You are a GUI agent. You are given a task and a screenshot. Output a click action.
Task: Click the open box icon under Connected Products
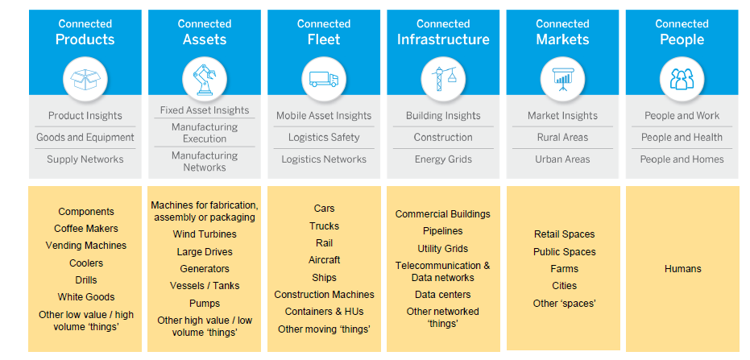(x=85, y=79)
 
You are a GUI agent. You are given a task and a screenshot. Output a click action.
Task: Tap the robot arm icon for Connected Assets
(x=205, y=78)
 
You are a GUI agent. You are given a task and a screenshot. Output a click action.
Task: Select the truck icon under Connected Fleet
(x=324, y=79)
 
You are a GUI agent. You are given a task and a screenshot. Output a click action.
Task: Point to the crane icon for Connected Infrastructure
(x=443, y=78)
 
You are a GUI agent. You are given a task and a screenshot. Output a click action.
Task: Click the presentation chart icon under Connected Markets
(x=562, y=79)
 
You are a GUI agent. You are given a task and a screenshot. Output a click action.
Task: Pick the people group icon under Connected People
(x=682, y=79)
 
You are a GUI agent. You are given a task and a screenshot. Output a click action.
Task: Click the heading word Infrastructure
(x=443, y=39)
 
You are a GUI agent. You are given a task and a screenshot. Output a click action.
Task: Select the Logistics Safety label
(x=324, y=137)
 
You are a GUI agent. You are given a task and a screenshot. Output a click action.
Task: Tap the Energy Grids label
(x=443, y=159)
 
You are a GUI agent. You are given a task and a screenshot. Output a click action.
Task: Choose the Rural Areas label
(x=562, y=137)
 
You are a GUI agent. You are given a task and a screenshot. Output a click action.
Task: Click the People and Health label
(x=682, y=137)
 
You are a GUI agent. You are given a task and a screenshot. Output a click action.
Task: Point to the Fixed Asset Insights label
(x=205, y=110)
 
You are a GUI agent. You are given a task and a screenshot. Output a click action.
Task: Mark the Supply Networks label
(x=85, y=159)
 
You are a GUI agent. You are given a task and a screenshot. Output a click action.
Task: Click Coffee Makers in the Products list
(x=86, y=228)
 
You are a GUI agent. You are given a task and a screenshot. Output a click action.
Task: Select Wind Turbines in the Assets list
(x=205, y=234)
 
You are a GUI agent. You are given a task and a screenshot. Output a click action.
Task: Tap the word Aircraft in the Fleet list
(x=325, y=259)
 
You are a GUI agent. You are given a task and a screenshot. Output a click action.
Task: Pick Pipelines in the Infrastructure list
(x=443, y=231)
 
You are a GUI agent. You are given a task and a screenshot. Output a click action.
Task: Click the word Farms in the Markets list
(x=565, y=269)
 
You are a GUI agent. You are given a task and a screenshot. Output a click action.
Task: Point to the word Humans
(x=682, y=269)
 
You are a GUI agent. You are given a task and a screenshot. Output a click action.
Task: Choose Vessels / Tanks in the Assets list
(x=205, y=285)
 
